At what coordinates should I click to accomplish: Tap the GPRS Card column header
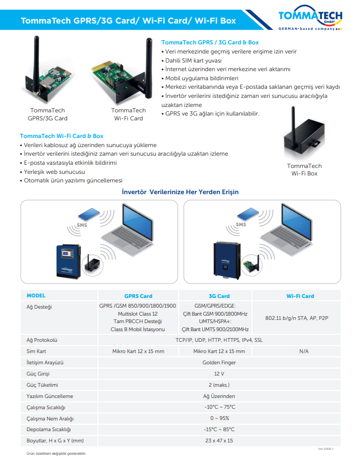coord(138,296)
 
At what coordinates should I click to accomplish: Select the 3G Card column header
coord(219,296)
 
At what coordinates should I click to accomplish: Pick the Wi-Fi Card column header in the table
coord(300,296)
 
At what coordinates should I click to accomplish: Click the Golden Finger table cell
coord(219,362)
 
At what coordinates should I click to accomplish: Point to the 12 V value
coord(219,373)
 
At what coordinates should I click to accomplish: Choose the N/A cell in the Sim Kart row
coord(303,351)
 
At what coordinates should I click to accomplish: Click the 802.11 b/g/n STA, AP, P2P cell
coord(297,318)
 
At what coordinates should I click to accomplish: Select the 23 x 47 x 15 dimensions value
coord(219,440)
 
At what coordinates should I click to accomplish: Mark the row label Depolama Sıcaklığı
coord(49,429)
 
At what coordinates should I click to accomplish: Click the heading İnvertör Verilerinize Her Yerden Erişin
coord(180,192)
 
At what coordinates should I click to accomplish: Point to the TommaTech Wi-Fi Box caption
coord(304,170)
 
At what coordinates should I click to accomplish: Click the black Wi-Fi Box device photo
coord(303,136)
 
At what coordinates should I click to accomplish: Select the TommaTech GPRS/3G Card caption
coord(48,114)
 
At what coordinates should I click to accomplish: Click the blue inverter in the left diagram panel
coord(70,262)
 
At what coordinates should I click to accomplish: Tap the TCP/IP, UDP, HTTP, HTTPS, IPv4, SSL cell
coord(219,340)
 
